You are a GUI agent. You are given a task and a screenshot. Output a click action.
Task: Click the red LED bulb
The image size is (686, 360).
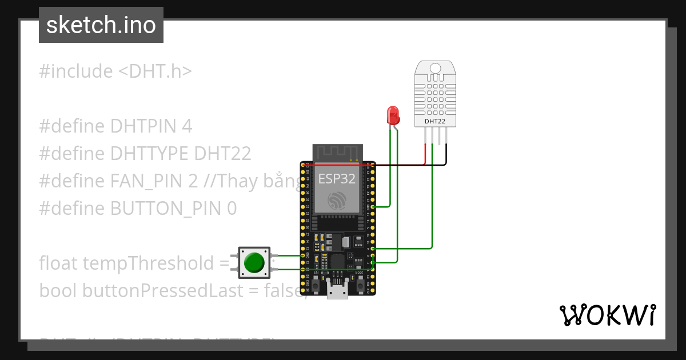(393, 115)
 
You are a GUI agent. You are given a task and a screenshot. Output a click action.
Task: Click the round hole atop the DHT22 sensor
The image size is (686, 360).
(435, 69)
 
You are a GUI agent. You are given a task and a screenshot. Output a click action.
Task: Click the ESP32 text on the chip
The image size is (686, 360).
(337, 178)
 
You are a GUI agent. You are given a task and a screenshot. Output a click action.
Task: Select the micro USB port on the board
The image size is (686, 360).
(337, 290)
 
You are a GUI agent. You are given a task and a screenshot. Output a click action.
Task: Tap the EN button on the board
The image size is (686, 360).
(316, 284)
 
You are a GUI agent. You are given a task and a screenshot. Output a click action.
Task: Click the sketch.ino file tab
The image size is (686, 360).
(101, 25)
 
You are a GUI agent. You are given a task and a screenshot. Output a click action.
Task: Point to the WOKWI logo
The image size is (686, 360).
(607, 315)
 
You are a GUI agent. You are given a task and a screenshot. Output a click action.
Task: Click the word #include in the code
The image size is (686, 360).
(76, 71)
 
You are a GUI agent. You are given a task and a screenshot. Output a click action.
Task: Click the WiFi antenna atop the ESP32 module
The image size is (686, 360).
(337, 153)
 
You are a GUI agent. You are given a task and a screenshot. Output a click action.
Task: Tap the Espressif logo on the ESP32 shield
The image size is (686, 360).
(337, 200)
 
